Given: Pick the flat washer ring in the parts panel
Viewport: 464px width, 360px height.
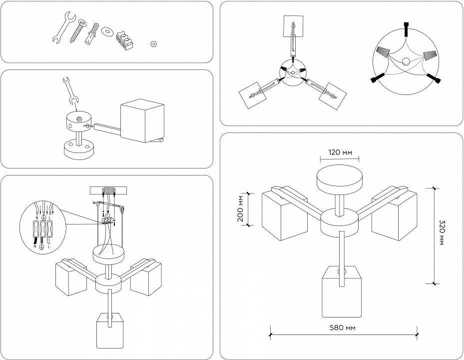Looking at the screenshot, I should click(106, 32).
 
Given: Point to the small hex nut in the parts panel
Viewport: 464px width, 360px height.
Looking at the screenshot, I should click(154, 44).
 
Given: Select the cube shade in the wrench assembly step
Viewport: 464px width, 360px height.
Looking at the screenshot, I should click(142, 121).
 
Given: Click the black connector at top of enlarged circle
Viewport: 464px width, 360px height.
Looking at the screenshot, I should click(407, 29).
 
